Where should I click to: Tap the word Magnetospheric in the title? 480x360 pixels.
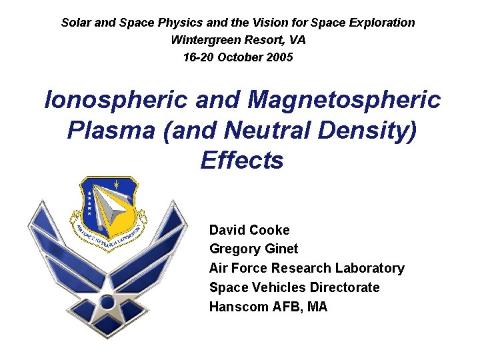click(344, 100)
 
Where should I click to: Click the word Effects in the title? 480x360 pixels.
click(241, 161)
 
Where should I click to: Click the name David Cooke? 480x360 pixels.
click(249, 230)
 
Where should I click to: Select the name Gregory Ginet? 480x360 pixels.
click(253, 249)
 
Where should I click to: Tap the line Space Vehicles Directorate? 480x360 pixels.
click(294, 287)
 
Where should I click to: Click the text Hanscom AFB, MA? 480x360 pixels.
click(268, 307)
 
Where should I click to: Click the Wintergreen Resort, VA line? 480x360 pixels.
click(238, 40)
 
